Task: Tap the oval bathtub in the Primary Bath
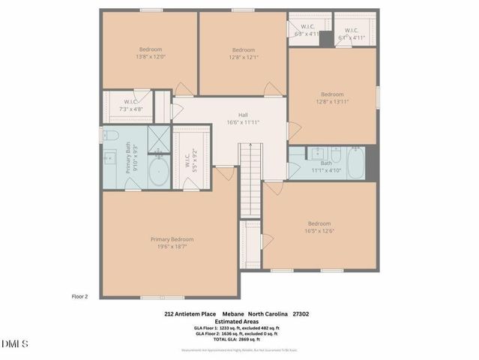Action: click(158, 172)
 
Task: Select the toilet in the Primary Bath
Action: click(109, 136)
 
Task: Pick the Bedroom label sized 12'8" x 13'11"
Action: click(333, 97)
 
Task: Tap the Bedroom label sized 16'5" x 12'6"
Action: click(319, 226)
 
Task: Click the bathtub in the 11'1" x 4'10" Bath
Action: click(355, 162)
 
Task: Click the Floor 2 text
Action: click(80, 296)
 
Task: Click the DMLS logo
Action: click(15, 344)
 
